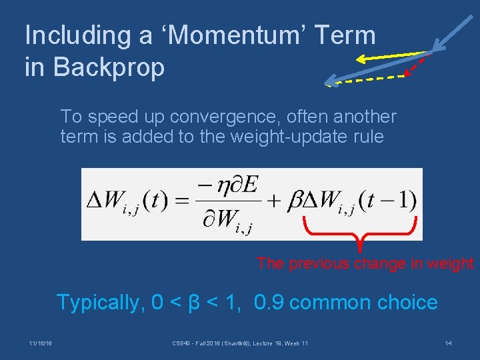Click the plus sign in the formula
[272, 200]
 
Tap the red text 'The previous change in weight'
[365, 263]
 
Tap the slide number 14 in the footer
[449, 343]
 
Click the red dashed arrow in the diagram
[417, 65]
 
